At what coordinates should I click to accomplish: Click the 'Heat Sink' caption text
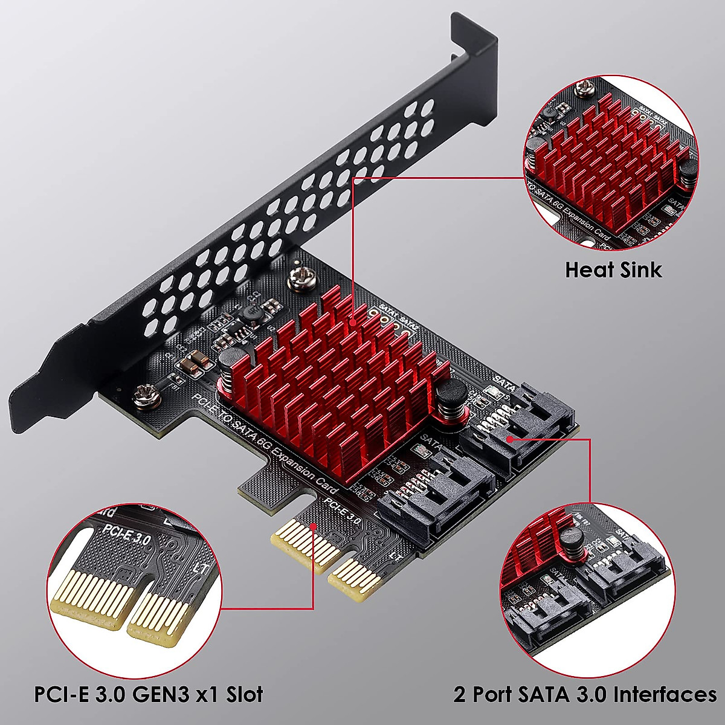pyautogui.click(x=613, y=269)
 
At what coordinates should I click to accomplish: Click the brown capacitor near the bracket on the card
pyautogui.click(x=194, y=362)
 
